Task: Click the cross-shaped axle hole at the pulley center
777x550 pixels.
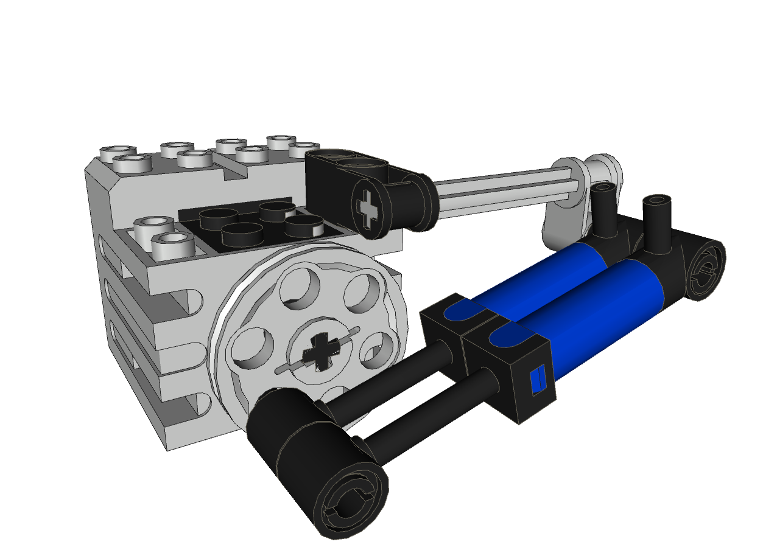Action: coord(322,353)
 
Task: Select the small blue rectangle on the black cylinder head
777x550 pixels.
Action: coord(537,381)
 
